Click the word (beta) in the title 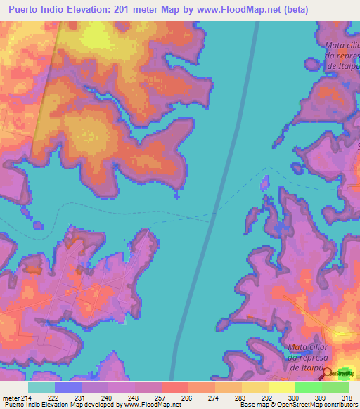303,9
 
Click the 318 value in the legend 348,398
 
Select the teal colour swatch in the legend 41,387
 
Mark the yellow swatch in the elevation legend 281,387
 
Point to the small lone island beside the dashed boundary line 264,184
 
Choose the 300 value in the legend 295,398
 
